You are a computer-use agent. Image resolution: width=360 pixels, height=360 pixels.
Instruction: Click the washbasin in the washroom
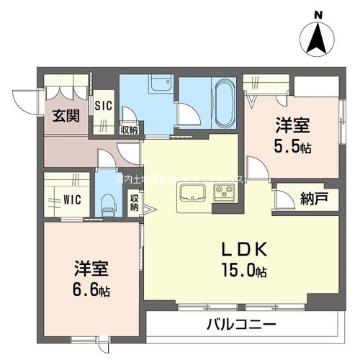[158, 85]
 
